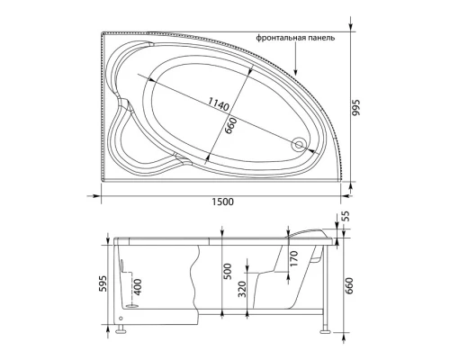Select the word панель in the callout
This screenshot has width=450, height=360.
coord(321,39)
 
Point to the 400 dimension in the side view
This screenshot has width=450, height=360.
coord(137,287)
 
